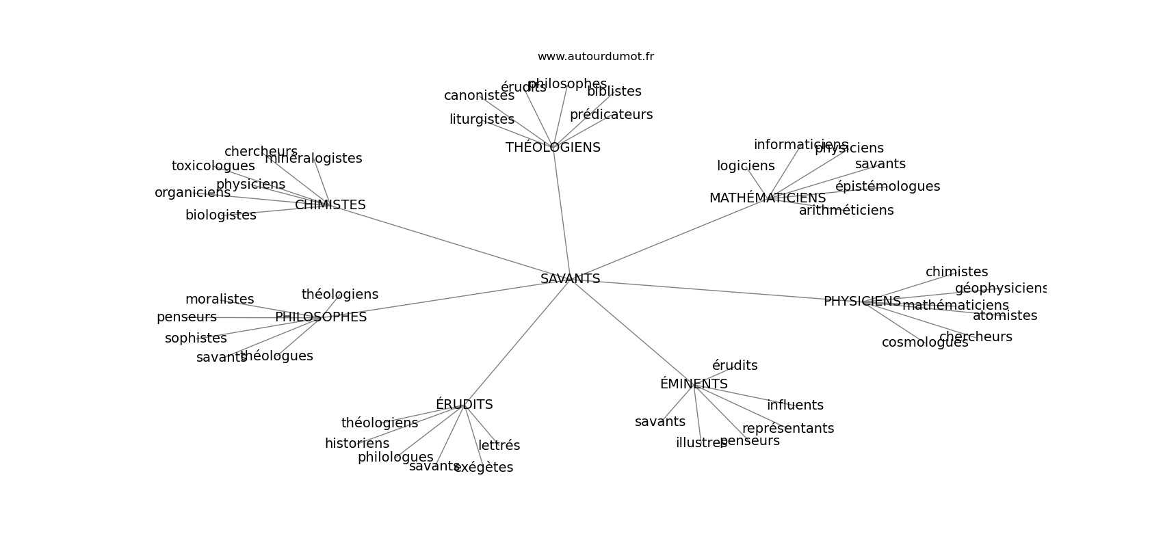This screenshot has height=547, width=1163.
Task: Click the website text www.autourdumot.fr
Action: tap(595, 57)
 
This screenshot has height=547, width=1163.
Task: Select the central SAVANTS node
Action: tap(570, 279)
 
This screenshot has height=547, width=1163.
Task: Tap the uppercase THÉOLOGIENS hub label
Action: tap(553, 148)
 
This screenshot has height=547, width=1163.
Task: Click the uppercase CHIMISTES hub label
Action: tap(330, 205)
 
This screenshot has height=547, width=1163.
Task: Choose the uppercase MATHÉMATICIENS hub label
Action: tap(767, 198)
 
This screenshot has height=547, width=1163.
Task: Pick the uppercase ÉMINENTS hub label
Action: tap(694, 384)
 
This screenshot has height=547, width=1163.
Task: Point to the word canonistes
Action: tap(479, 96)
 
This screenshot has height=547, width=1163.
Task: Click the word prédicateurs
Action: tap(611, 115)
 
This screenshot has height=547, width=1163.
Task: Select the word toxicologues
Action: tap(213, 166)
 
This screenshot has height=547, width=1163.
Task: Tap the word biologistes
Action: tap(220, 215)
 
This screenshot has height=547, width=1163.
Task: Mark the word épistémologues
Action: tap(887, 187)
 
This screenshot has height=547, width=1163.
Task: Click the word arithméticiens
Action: tap(846, 211)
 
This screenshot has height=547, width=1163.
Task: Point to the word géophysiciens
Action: tap(1001, 289)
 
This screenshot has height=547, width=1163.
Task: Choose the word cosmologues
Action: tap(925, 343)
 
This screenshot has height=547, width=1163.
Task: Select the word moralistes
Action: tap(220, 299)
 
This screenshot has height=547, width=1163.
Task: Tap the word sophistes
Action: tap(196, 338)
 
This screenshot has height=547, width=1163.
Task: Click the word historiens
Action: tap(357, 444)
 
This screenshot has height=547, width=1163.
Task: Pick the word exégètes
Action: tap(484, 468)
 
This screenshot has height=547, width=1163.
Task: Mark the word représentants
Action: tap(788, 429)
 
